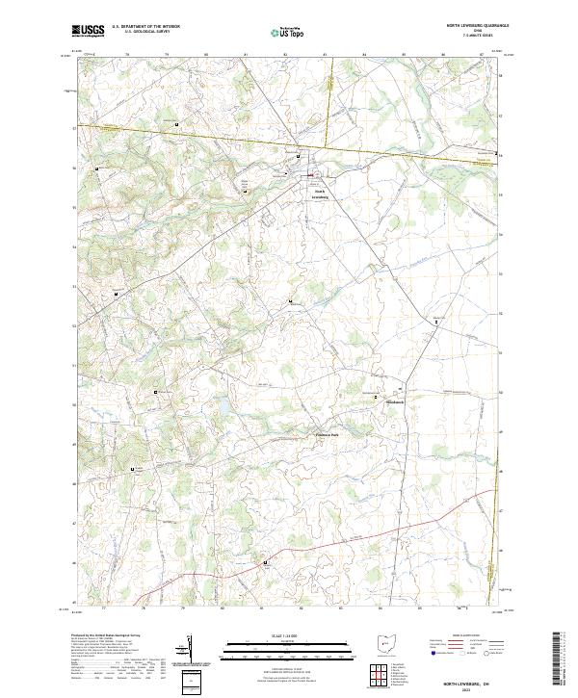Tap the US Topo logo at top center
[x=288, y=32]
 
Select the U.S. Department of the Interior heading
[x=145, y=27]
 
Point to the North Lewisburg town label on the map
[x=321, y=193]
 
